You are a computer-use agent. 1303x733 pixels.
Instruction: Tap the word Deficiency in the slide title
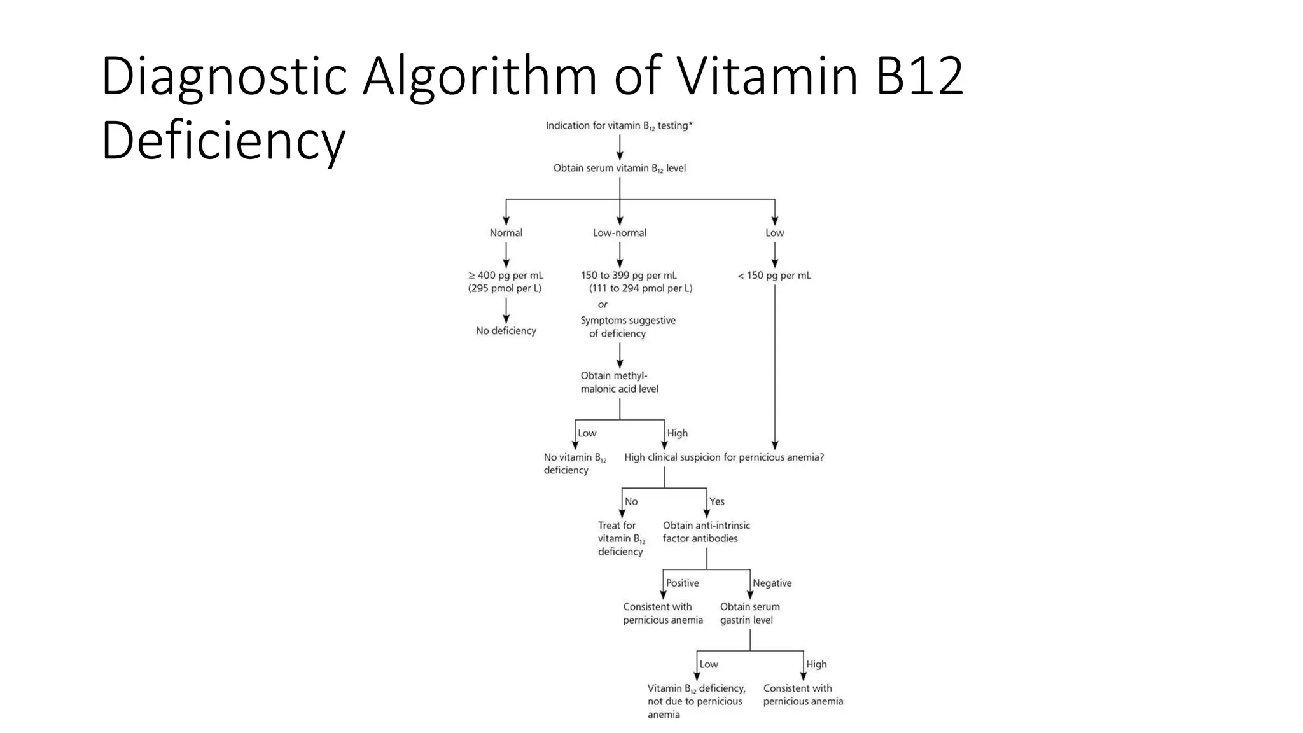click(223, 141)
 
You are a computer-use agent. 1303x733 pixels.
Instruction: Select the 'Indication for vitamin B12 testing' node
click(618, 126)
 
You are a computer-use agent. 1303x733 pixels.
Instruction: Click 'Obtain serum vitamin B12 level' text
click(619, 169)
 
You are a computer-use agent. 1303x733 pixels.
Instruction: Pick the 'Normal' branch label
click(506, 233)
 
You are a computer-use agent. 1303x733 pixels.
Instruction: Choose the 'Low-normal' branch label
click(619, 233)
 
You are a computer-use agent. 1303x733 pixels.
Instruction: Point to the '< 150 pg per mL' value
click(774, 276)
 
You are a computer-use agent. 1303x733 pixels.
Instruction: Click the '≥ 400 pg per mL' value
click(506, 276)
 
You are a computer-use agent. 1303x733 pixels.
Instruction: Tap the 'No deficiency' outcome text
click(506, 331)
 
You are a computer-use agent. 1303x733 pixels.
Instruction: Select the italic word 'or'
click(602, 305)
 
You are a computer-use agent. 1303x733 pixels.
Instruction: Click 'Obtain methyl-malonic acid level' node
click(618, 382)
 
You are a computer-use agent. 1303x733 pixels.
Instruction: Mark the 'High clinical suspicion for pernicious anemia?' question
click(723, 457)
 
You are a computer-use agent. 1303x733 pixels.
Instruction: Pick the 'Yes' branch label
click(716, 501)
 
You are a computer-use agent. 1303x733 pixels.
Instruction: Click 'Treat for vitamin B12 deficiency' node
click(620, 538)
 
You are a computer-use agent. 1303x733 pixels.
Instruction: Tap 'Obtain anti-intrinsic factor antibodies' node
click(706, 532)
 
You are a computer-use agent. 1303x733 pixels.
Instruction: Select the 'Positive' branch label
click(682, 583)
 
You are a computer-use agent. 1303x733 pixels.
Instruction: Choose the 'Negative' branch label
click(772, 583)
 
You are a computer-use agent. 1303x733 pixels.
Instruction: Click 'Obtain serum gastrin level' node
click(749, 613)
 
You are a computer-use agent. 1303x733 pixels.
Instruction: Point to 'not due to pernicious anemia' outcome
click(695, 701)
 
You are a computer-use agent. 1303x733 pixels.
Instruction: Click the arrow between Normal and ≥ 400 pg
click(506, 255)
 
